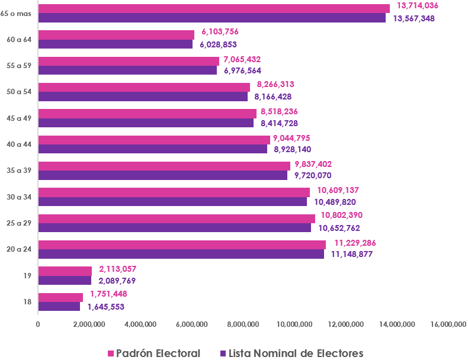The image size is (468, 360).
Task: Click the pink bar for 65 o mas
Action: pyautogui.click(x=214, y=8)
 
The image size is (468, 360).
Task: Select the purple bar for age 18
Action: pyautogui.click(x=59, y=307)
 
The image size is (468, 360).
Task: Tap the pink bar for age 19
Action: pyautogui.click(x=65, y=271)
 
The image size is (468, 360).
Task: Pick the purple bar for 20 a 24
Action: pyautogui.click(x=181, y=254)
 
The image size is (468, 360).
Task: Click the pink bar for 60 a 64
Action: pyautogui.click(x=116, y=35)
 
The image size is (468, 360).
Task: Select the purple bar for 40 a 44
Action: pyautogui.click(x=152, y=149)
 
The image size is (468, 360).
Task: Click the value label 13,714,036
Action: pyautogui.click(x=418, y=5)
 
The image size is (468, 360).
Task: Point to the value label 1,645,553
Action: pyautogui.click(x=105, y=307)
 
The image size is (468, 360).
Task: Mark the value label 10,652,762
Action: pyautogui.click(x=339, y=228)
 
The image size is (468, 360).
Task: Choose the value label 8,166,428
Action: pyautogui.click(x=273, y=97)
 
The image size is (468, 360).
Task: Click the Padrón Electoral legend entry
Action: pyautogui.click(x=154, y=353)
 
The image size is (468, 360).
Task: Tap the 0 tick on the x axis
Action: pyautogui.click(x=38, y=324)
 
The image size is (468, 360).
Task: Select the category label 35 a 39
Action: pyautogui.click(x=19, y=171)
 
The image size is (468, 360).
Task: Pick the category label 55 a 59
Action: pyautogui.click(x=19, y=66)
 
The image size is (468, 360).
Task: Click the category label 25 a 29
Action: pyautogui.click(x=19, y=223)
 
